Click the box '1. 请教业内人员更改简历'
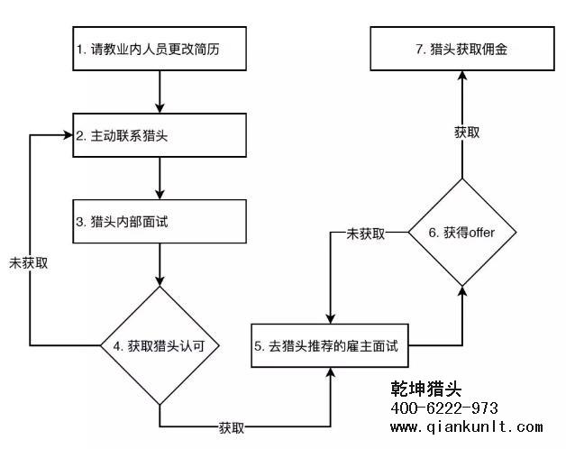click(x=160, y=50)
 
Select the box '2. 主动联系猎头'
click(x=160, y=136)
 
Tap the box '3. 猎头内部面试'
click(x=160, y=221)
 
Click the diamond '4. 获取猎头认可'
click(x=160, y=345)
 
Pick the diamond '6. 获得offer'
click(x=461, y=233)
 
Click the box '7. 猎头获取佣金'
click(x=461, y=50)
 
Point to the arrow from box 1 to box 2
click(x=160, y=93)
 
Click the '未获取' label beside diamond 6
click(x=366, y=234)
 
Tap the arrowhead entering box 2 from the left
click(x=66, y=136)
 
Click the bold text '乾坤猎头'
click(x=426, y=389)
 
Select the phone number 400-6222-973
click(x=444, y=408)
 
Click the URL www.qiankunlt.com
click(x=467, y=427)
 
